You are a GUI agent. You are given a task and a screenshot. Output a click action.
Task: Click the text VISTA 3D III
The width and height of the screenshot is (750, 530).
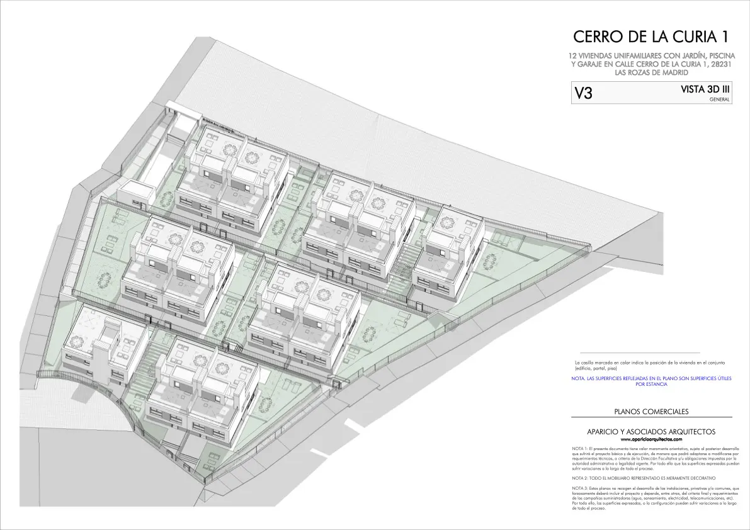tap(701, 90)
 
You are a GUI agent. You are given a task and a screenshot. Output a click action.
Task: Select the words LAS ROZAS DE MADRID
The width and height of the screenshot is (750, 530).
tap(652, 72)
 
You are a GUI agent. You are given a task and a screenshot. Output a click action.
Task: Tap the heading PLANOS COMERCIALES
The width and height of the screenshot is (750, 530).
tap(651, 412)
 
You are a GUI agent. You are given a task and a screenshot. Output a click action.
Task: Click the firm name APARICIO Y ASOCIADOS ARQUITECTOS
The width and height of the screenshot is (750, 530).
tap(651, 432)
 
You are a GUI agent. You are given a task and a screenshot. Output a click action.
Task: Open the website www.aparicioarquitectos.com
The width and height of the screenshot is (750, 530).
tap(651, 439)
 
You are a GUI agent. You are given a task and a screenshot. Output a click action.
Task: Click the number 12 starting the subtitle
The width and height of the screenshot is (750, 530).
tap(573, 56)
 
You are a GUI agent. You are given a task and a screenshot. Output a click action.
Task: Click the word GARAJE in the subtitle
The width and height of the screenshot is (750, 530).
tap(587, 64)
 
